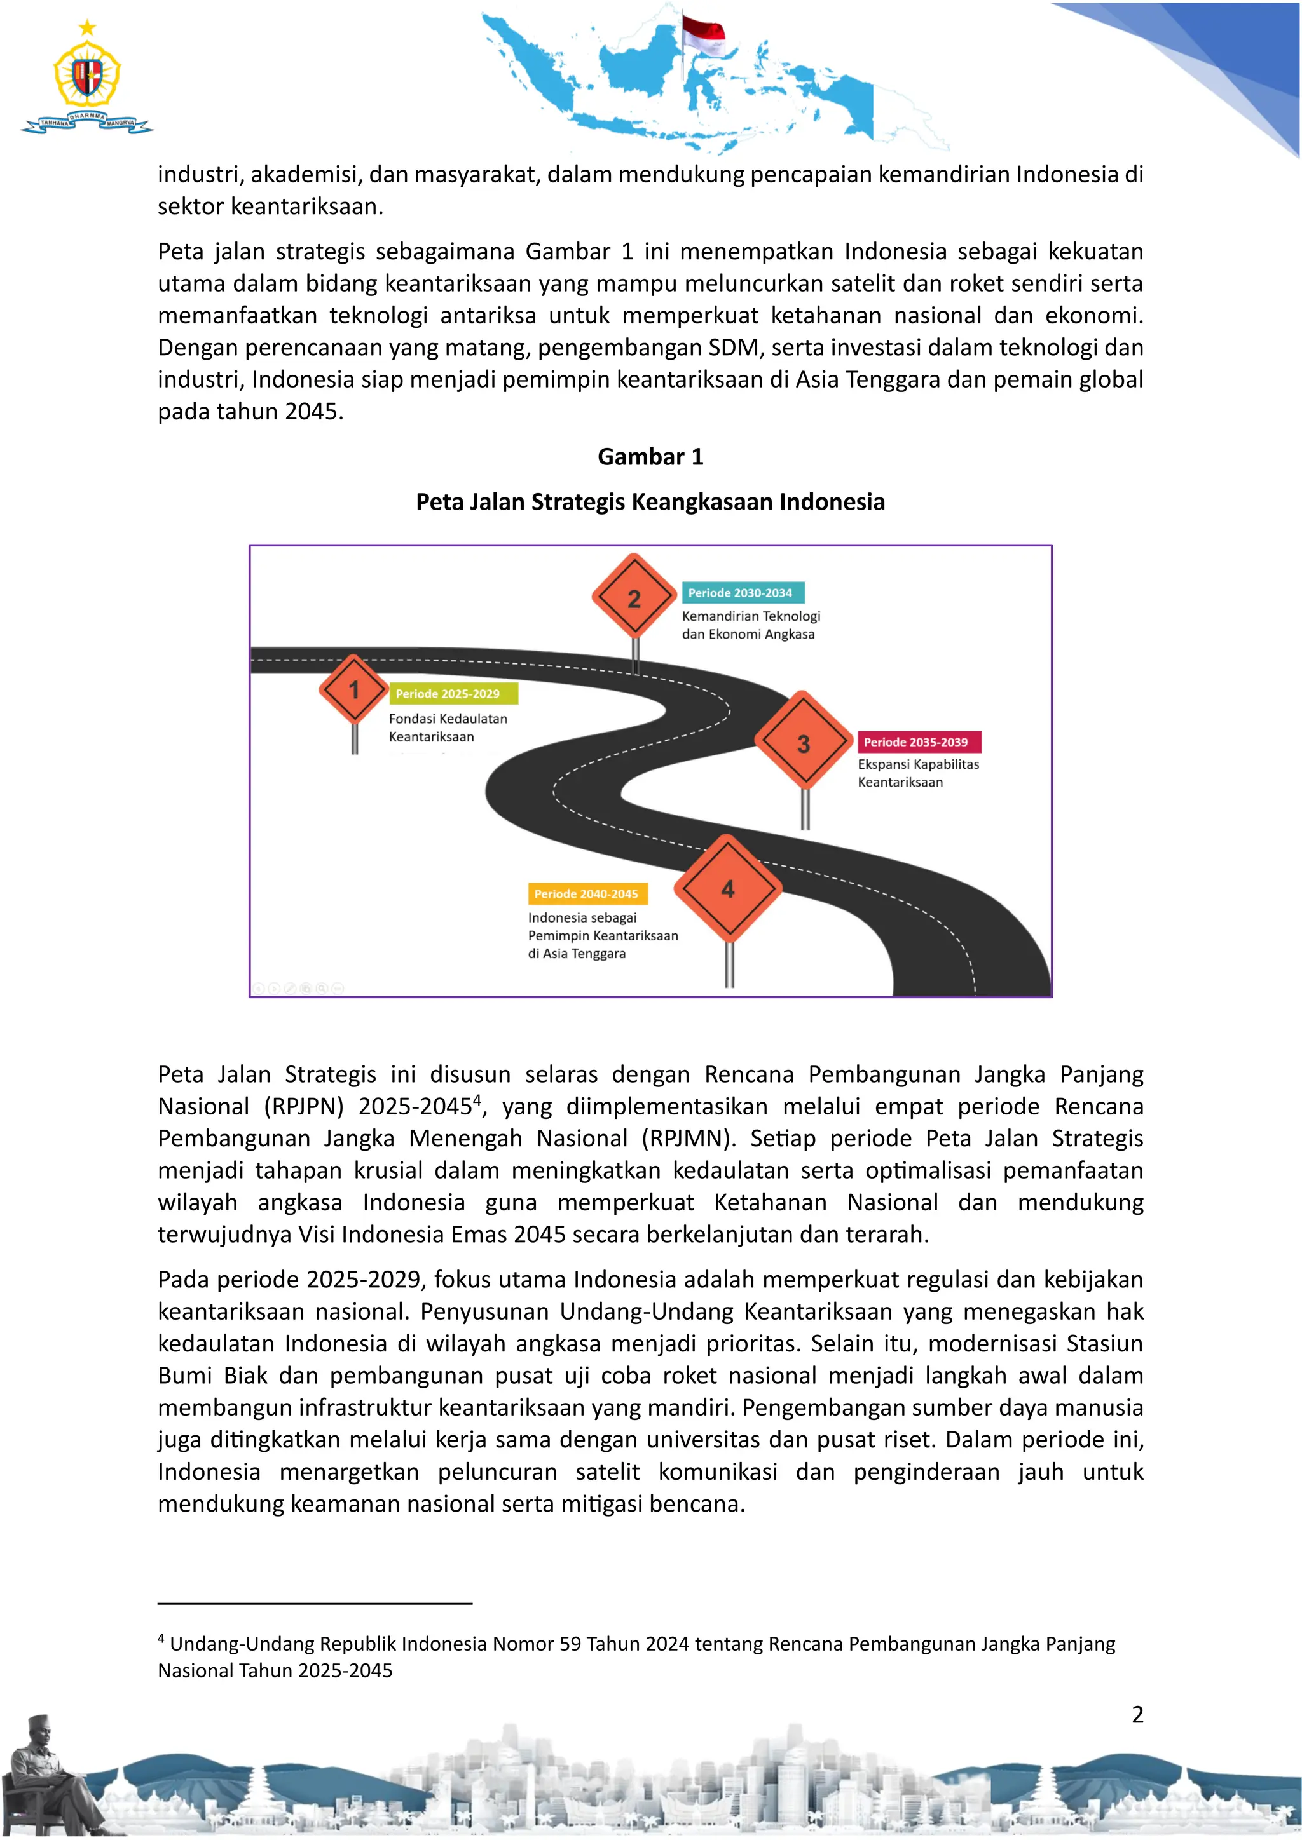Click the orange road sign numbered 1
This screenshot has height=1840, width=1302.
353,689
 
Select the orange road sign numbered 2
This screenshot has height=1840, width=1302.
634,598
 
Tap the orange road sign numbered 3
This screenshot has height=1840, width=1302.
804,743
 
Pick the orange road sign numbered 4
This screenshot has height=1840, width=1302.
727,888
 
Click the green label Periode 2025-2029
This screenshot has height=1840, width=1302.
448,694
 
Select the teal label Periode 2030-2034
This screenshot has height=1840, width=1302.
741,593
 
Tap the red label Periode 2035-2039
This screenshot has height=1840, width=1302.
915,742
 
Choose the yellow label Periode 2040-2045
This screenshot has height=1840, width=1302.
586,893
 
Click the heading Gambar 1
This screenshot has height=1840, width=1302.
650,457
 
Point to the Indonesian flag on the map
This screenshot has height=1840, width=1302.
703,34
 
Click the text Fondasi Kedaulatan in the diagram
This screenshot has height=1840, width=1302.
448,719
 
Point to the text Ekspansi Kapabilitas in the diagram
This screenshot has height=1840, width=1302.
918,764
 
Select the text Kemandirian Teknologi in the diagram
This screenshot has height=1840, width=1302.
750,616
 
